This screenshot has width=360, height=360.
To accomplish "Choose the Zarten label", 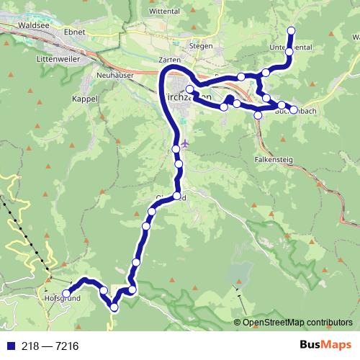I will (170, 60).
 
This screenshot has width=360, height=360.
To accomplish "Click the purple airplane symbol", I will (186, 143).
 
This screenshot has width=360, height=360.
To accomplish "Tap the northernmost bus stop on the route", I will (292, 30).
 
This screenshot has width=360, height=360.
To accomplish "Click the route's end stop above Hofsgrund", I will (66, 294).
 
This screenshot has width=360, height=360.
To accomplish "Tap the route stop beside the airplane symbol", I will (176, 149).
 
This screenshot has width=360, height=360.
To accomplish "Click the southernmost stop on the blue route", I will (114, 308).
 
